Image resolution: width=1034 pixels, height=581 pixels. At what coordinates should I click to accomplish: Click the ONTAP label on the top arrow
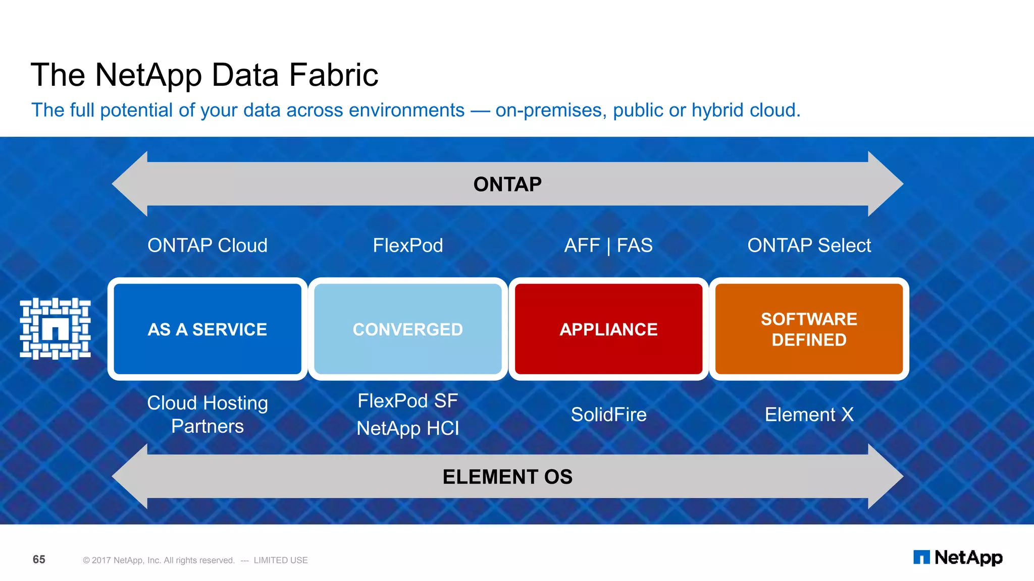507,185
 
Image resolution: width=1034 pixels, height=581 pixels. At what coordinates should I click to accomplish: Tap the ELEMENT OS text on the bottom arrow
507,477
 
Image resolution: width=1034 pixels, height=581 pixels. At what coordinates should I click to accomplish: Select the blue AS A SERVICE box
208,329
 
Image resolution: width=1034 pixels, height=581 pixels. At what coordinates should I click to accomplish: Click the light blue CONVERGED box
408,329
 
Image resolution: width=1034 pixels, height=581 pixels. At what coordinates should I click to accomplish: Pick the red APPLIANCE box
608,329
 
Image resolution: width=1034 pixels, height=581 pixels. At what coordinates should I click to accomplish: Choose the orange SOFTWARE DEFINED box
809,329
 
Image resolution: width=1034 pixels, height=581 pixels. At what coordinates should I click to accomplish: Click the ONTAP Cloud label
208,246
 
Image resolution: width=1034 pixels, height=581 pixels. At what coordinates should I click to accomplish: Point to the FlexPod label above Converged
408,246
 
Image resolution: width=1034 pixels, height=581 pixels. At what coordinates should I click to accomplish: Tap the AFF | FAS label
608,246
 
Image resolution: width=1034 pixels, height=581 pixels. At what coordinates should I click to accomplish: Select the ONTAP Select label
809,246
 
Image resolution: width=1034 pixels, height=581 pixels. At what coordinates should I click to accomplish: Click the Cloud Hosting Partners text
208,415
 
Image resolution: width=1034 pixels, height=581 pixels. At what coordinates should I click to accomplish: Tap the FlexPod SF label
408,401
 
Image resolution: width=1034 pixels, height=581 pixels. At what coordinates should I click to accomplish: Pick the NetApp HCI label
408,429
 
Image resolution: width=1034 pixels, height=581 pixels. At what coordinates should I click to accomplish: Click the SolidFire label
608,415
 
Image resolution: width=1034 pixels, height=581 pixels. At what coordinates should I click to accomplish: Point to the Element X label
809,415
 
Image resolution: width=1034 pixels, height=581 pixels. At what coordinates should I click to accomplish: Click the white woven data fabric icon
56,329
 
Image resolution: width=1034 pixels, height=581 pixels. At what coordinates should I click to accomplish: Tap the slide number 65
39,559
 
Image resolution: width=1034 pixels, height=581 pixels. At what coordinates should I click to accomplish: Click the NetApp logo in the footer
958,557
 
